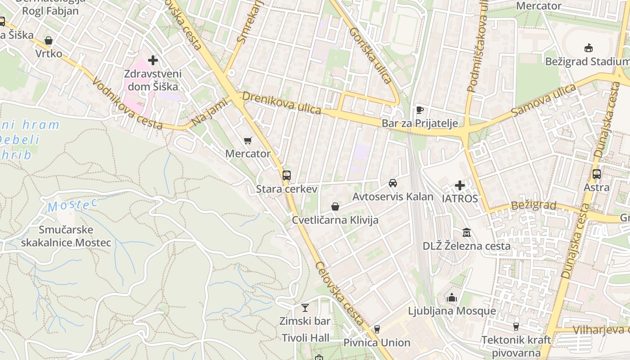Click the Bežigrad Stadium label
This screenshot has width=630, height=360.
click(x=587, y=61)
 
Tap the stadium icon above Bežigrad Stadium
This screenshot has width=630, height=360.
click(x=588, y=48)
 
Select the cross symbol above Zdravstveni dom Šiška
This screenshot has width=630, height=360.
click(x=153, y=60)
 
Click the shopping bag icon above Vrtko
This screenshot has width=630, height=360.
click(x=49, y=41)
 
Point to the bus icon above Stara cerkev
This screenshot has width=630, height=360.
click(x=287, y=175)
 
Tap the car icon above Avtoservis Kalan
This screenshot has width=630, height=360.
click(x=393, y=183)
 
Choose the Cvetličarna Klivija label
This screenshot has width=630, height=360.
click(x=335, y=220)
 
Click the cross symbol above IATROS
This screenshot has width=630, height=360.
click(x=460, y=185)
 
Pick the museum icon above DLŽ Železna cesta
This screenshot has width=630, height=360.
click(x=467, y=233)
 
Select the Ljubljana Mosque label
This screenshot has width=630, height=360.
click(x=452, y=311)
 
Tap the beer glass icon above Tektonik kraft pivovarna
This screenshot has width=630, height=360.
click(x=516, y=327)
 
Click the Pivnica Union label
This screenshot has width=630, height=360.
click(x=377, y=342)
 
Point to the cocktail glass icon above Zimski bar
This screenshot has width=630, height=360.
click(x=305, y=308)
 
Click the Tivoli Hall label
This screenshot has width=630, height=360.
click(x=306, y=337)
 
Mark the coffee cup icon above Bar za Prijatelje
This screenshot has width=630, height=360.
click(x=419, y=110)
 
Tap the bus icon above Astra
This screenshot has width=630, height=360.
click(x=597, y=174)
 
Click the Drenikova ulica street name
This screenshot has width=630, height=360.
click(x=282, y=103)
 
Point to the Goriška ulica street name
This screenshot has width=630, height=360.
click(x=370, y=55)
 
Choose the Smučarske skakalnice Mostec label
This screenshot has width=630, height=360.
click(x=66, y=236)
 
